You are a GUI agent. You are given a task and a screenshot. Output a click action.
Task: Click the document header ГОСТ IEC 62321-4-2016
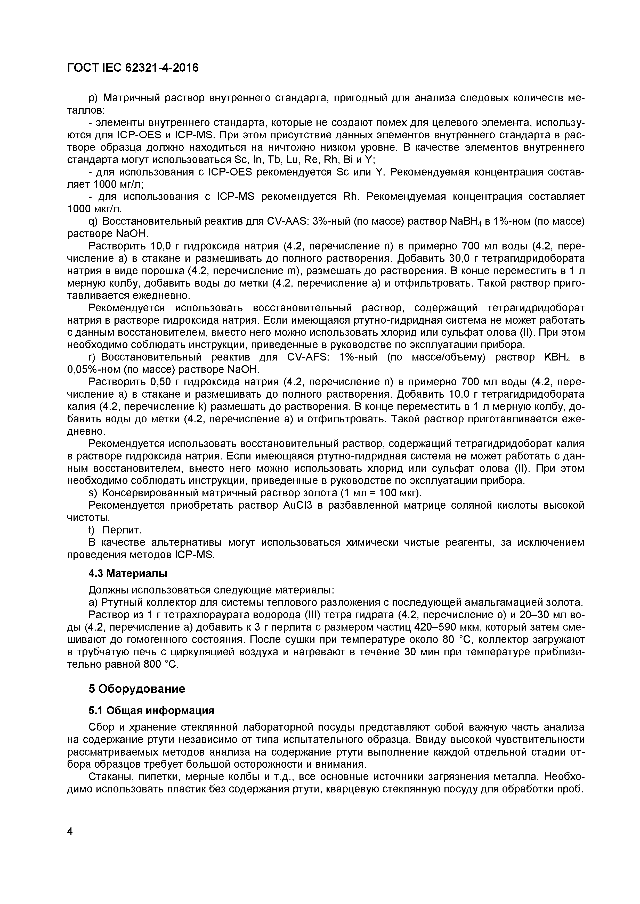[x=133, y=68]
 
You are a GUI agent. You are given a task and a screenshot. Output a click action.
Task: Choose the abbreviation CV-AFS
[x=303, y=357]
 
